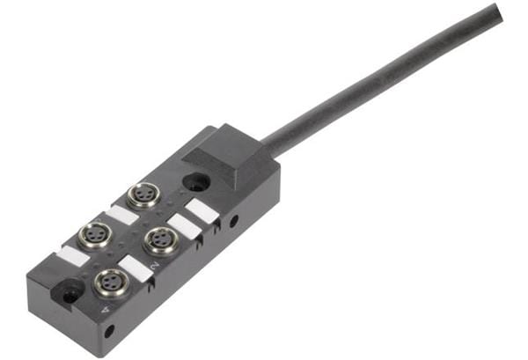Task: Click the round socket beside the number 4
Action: coord(110,283)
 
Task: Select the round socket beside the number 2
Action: coord(159,239)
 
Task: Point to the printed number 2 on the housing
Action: coord(155,266)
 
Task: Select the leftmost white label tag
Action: coord(72,257)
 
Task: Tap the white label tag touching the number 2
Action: coord(136,267)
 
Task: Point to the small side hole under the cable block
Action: coord(233,221)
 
